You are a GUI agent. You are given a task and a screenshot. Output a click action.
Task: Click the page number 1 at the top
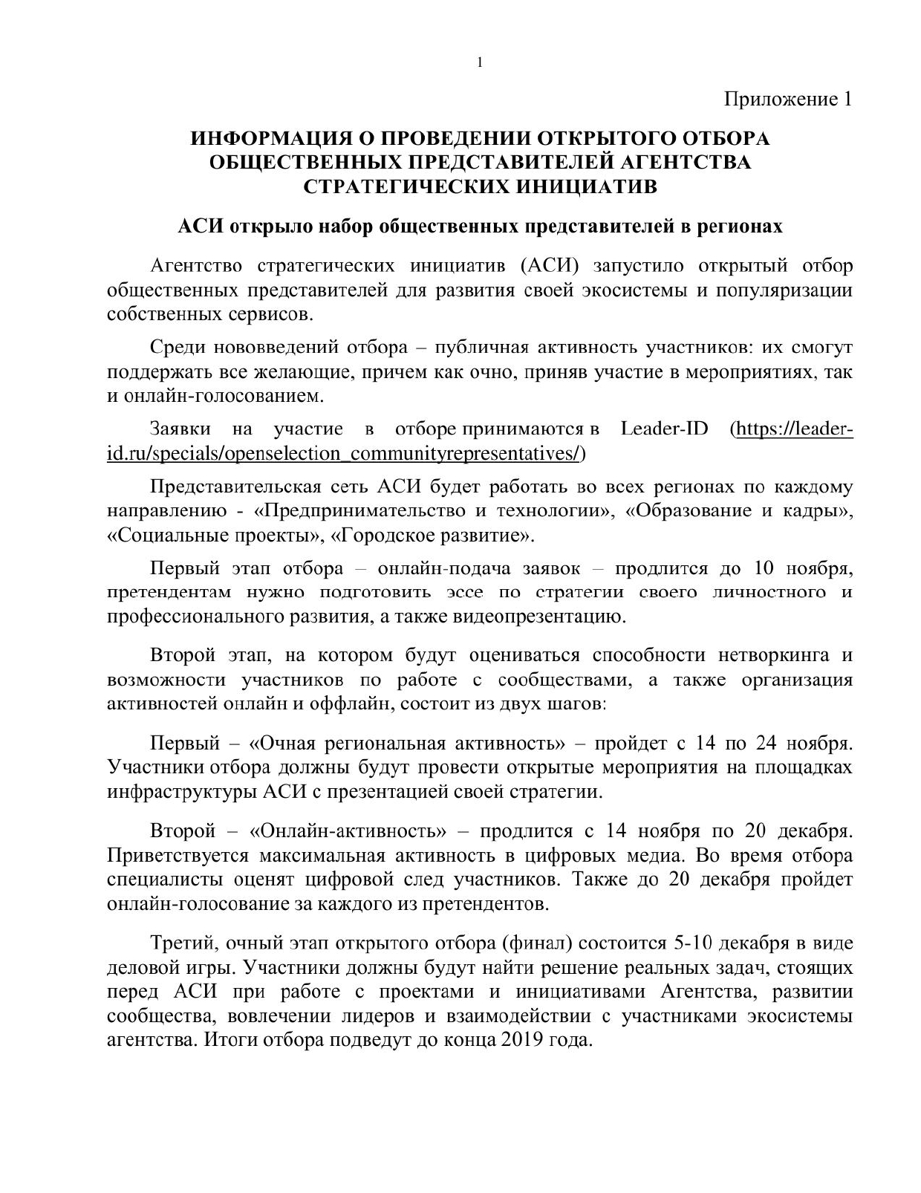480,63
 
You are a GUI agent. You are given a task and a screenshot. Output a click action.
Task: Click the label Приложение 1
787,99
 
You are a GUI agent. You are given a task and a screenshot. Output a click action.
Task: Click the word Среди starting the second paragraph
176,347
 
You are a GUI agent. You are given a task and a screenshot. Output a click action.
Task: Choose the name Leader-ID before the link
665,429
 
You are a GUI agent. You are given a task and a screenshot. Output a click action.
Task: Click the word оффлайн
356,703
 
